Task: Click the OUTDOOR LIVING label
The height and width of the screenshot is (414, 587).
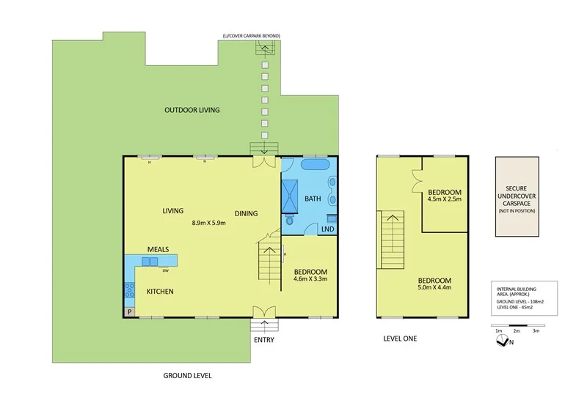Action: tap(192, 110)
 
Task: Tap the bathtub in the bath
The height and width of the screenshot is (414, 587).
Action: tap(316, 165)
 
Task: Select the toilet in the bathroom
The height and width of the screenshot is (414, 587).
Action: tap(291, 219)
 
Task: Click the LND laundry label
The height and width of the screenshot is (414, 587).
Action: tap(327, 229)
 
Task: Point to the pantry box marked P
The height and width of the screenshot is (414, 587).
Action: tap(129, 311)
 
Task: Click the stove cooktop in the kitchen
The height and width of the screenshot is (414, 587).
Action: tap(130, 289)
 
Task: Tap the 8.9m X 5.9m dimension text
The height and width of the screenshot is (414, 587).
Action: tap(208, 223)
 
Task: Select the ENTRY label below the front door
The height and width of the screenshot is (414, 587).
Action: tap(264, 340)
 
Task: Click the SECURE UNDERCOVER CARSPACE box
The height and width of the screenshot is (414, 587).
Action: tap(517, 196)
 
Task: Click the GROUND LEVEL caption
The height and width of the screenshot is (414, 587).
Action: tap(187, 375)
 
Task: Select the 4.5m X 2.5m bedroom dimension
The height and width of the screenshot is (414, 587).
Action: tap(445, 198)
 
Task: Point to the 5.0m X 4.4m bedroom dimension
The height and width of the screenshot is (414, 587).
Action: tap(435, 288)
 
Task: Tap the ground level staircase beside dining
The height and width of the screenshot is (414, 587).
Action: tap(269, 265)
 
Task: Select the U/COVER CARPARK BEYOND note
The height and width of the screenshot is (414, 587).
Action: tap(252, 36)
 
